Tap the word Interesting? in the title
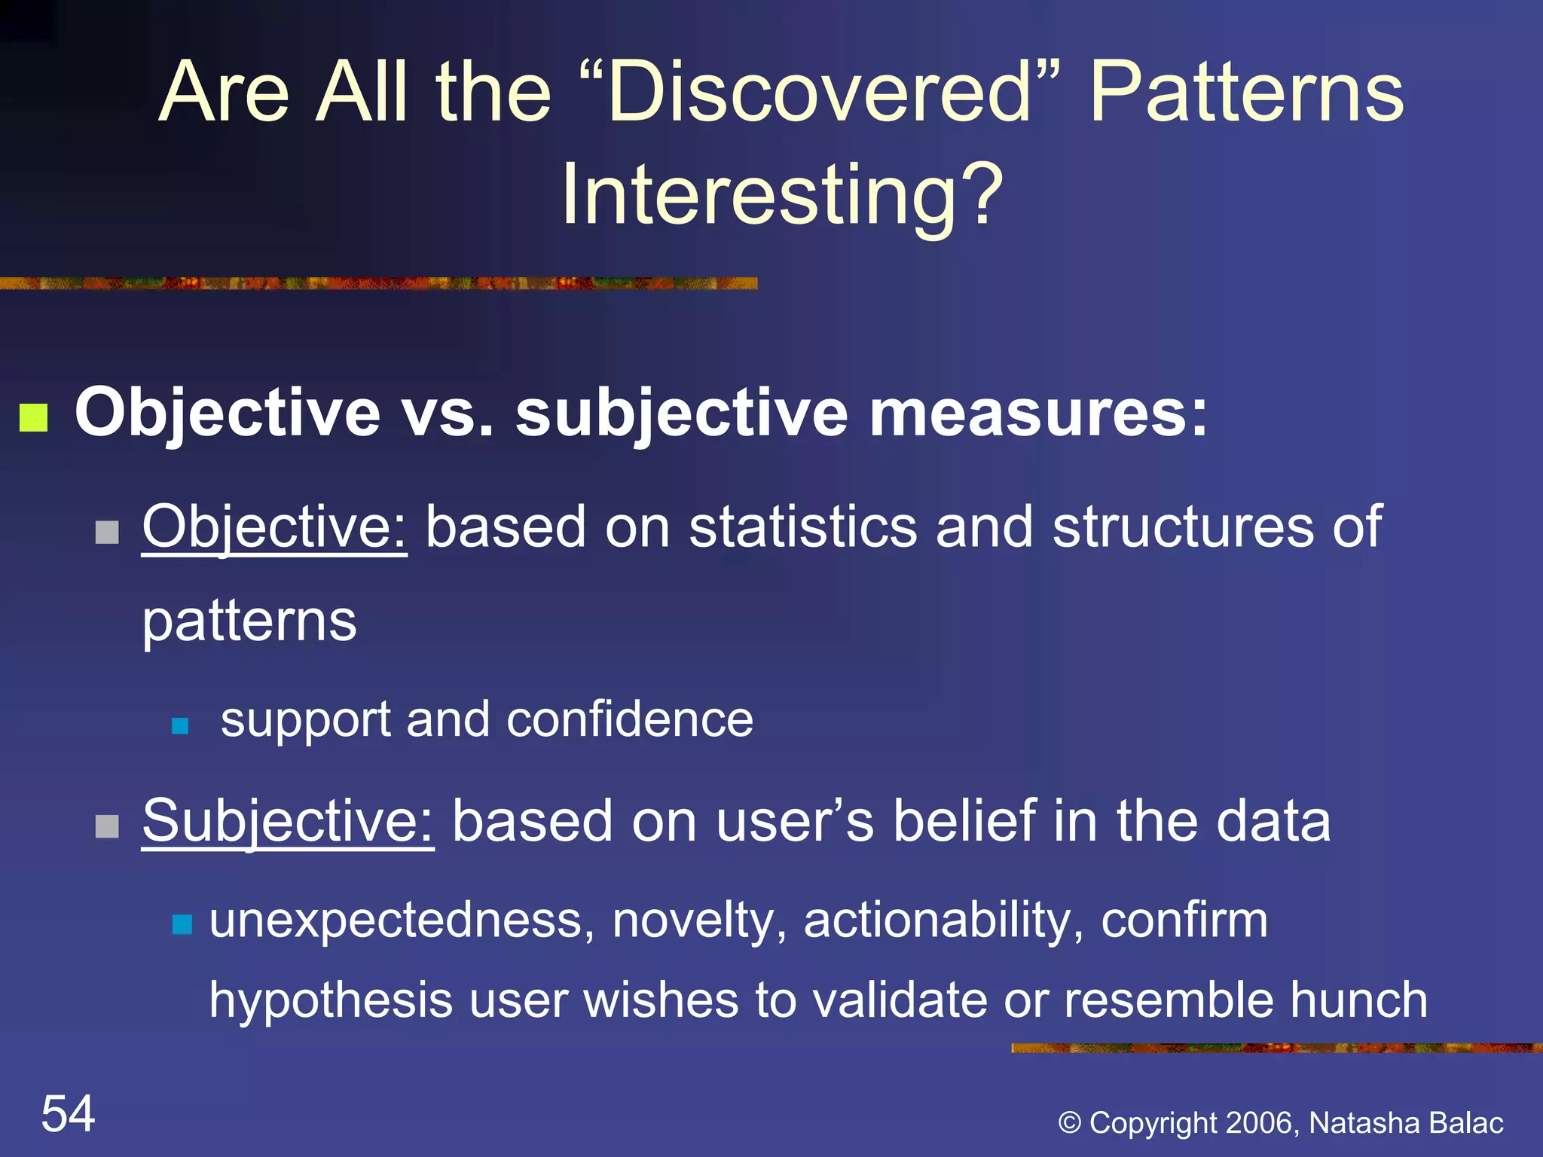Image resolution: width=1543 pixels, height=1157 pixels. pyautogui.click(x=782, y=194)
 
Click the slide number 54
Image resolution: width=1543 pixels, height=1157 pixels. pyautogui.click(x=68, y=1113)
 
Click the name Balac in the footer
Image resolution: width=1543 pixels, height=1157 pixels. pyautogui.click(x=1466, y=1122)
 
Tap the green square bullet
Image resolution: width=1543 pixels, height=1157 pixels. pyautogui.click(x=34, y=418)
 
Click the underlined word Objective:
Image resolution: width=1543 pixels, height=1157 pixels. pyautogui.click(x=274, y=527)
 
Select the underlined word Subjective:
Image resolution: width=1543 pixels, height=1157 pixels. pyautogui.click(x=288, y=821)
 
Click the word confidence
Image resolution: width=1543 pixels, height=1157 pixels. pyautogui.click(x=630, y=719)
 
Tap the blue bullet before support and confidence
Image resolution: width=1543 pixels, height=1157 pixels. pyautogui.click(x=180, y=726)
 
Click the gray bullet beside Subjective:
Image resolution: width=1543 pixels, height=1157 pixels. pyautogui.click(x=108, y=826)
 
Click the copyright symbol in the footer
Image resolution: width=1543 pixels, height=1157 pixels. pyautogui.click(x=1070, y=1123)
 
